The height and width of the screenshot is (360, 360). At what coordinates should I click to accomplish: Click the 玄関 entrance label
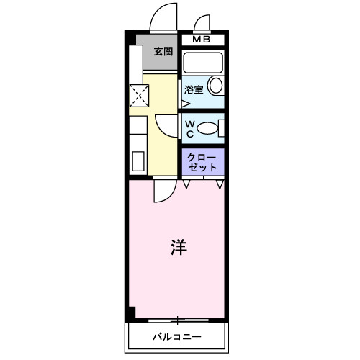(163, 51)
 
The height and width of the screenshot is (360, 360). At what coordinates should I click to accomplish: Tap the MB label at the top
(202, 40)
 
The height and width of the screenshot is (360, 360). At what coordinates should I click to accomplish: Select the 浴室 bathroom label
(193, 90)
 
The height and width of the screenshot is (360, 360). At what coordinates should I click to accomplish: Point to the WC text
(190, 129)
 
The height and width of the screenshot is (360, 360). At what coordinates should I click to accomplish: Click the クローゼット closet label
(202, 161)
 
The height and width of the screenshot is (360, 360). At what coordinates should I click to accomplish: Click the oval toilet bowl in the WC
(208, 129)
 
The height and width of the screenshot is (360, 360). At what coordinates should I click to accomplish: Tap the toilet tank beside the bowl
(221, 129)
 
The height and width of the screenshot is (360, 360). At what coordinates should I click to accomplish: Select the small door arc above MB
(199, 20)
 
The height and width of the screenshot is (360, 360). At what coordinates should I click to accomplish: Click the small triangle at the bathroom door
(184, 103)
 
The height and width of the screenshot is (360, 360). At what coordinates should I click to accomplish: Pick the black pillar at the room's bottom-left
(130, 314)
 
